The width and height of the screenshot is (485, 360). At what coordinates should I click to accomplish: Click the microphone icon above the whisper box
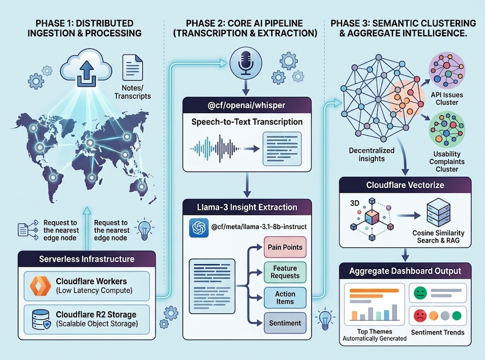[246, 63]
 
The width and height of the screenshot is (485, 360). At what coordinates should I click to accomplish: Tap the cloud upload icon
[86, 68]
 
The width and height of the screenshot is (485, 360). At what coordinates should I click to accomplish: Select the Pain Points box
[285, 247]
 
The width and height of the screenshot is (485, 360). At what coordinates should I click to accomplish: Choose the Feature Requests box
[285, 272]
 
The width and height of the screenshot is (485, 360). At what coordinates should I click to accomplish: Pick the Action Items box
[285, 298]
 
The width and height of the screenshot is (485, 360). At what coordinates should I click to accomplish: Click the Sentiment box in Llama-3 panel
[285, 323]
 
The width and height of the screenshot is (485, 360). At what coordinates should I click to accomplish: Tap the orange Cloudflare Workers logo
[41, 286]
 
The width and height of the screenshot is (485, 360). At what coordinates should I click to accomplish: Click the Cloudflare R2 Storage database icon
[41, 319]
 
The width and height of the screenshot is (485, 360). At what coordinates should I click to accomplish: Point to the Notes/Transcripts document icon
[133, 68]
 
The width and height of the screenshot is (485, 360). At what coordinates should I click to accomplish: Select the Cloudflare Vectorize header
[405, 185]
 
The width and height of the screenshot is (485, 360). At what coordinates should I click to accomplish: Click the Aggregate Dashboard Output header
[405, 271]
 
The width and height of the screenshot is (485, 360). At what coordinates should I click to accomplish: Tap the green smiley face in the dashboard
[420, 292]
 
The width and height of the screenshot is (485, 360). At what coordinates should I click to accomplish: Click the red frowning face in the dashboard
[420, 316]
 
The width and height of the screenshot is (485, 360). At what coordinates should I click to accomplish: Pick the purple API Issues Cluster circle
[447, 70]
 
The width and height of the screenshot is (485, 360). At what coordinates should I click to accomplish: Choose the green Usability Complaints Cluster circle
[447, 130]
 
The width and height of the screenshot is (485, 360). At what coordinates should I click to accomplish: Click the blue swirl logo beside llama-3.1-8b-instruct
[199, 227]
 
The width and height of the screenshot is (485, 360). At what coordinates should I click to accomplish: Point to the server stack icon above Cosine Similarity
[438, 213]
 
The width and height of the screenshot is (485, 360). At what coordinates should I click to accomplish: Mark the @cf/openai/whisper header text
[246, 105]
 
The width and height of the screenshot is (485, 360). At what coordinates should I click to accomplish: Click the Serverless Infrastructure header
[87, 259]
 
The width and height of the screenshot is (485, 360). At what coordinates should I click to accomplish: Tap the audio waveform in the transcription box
[215, 149]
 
